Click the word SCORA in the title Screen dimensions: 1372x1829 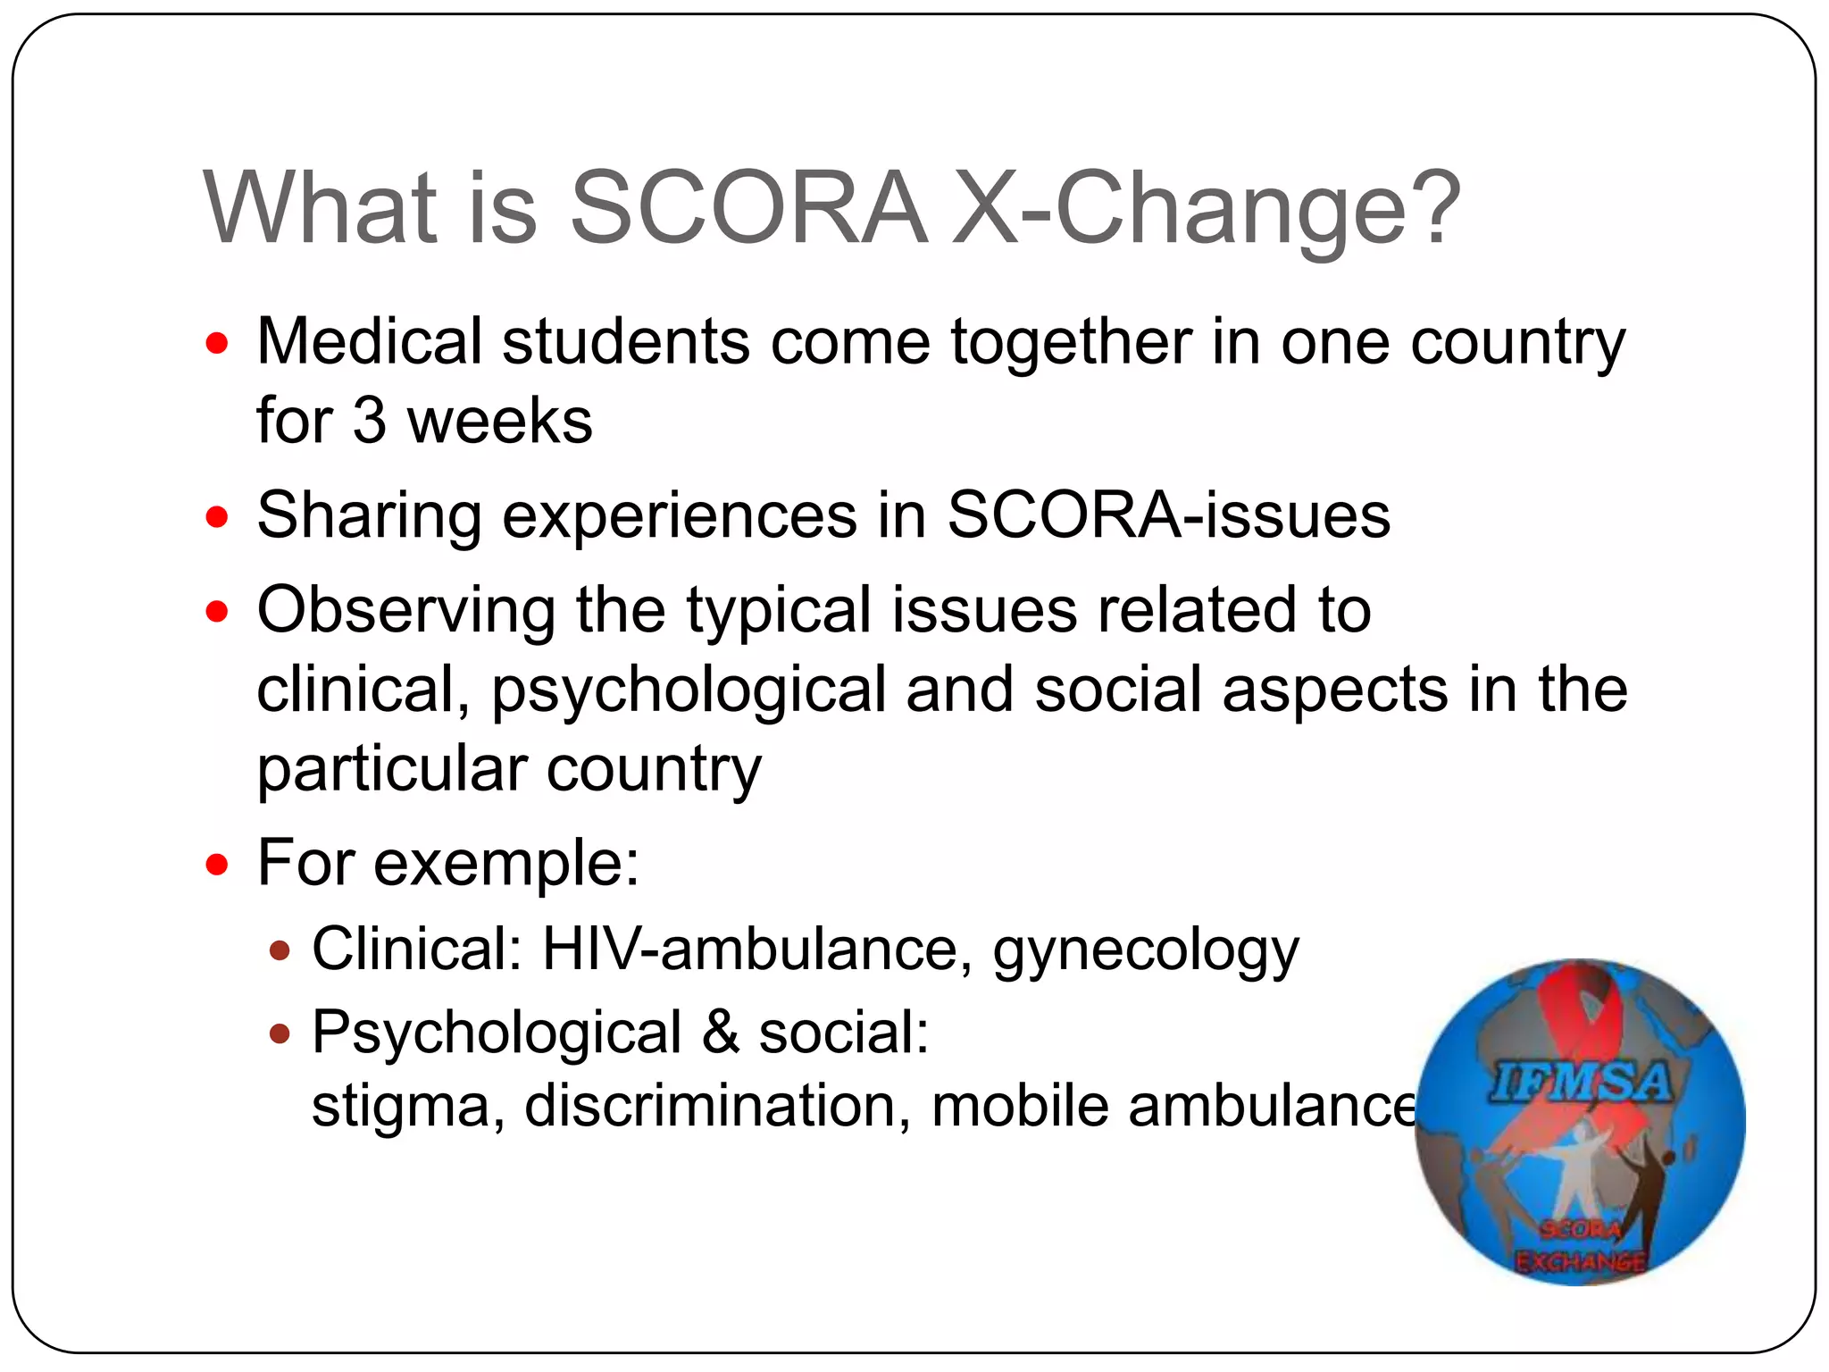748,208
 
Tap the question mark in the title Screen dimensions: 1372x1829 1432,208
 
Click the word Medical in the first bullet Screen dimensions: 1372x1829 369,341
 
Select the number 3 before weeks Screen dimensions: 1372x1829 370,421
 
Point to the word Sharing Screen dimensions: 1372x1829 369,516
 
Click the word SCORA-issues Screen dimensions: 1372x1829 1168,515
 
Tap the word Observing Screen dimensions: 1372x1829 406,610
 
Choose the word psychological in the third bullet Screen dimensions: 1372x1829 688,690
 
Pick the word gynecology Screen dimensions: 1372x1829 1146,950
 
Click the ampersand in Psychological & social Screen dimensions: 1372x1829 720,1033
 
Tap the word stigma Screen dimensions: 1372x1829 401,1108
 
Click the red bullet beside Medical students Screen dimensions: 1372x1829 217,343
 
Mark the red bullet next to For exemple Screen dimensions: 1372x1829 217,864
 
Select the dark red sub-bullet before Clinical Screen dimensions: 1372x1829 280,950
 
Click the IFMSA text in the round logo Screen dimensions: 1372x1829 1579,1083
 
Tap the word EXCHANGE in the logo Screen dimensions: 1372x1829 1579,1261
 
